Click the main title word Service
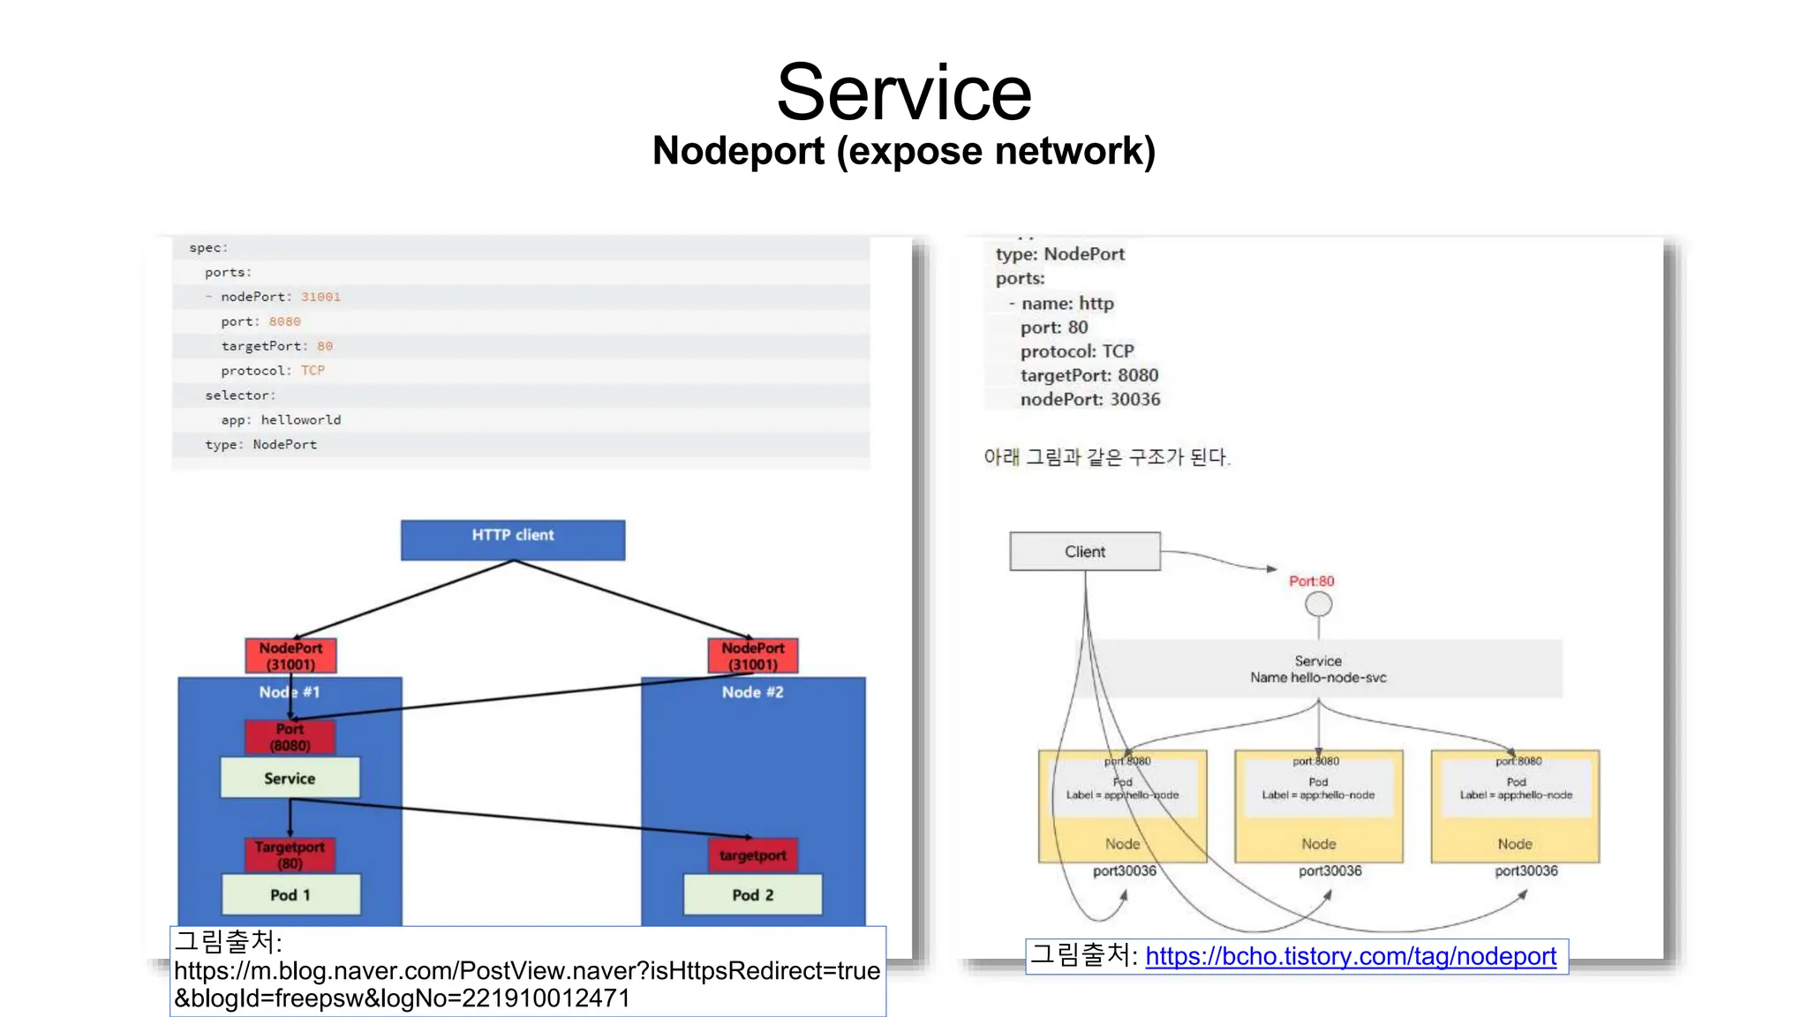click(x=904, y=93)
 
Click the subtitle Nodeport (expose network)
click(x=904, y=151)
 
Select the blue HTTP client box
click(x=513, y=539)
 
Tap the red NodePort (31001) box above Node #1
click(x=290, y=656)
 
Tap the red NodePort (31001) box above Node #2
click(x=753, y=656)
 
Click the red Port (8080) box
click(x=290, y=737)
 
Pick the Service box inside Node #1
click(x=290, y=778)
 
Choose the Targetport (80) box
click(x=290, y=855)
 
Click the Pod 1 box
click(x=290, y=894)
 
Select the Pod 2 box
click(x=753, y=894)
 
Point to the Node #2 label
click(x=753, y=692)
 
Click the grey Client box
click(x=1085, y=552)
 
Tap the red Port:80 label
click(x=1312, y=581)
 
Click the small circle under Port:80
click(x=1319, y=605)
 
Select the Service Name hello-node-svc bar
click(x=1318, y=669)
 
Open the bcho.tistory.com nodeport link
click(x=1351, y=956)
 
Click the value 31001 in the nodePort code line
click(x=320, y=297)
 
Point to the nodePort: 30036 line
click(x=1090, y=399)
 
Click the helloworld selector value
click(x=301, y=420)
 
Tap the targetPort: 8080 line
click(x=1089, y=375)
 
